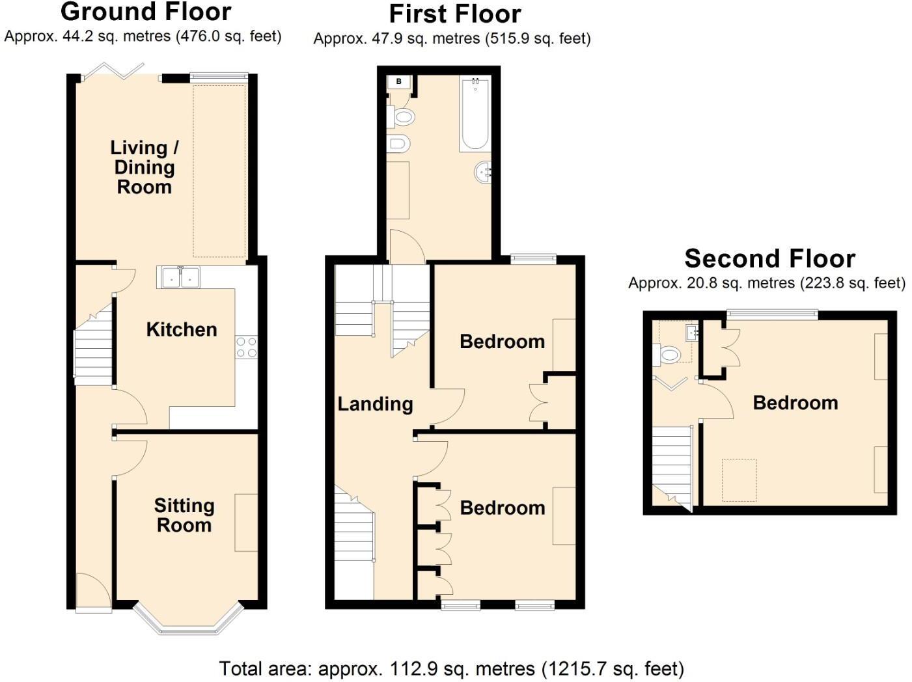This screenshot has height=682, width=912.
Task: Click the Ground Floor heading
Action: tap(145, 12)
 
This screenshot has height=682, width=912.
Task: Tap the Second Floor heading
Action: tap(769, 259)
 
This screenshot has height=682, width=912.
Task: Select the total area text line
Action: tap(451, 668)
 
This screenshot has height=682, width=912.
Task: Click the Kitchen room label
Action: tap(182, 329)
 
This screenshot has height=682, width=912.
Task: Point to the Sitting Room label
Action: tap(184, 515)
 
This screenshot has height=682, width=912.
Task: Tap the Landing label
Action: tap(375, 404)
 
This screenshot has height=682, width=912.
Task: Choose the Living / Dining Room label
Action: tap(144, 167)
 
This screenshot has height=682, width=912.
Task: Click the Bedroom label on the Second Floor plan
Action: tap(795, 403)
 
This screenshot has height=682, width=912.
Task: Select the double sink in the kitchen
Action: tap(178, 277)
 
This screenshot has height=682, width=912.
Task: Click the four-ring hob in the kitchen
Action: tap(247, 347)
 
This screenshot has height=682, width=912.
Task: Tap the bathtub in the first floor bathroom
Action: tap(475, 114)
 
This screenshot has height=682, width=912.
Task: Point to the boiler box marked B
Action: tap(399, 82)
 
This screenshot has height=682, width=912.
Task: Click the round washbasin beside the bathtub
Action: tap(483, 172)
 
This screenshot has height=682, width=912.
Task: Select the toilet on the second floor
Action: tap(667, 355)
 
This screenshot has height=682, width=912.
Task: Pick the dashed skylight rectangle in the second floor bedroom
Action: tap(739, 480)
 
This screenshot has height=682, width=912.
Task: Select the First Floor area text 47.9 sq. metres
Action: tap(452, 38)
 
